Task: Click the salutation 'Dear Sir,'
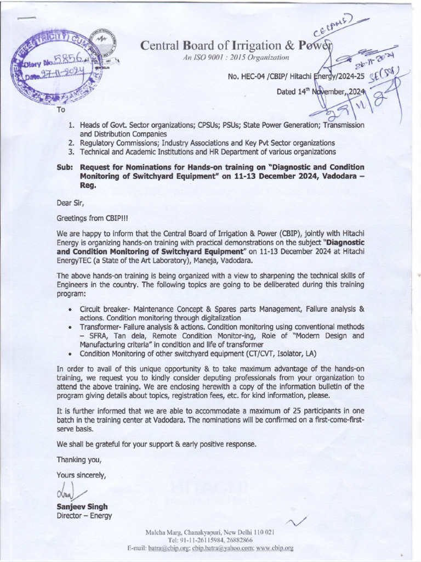coord(70,202)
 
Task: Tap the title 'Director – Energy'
coord(84,516)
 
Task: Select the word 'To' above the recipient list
coord(60,110)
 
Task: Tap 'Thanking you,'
coord(79,459)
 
